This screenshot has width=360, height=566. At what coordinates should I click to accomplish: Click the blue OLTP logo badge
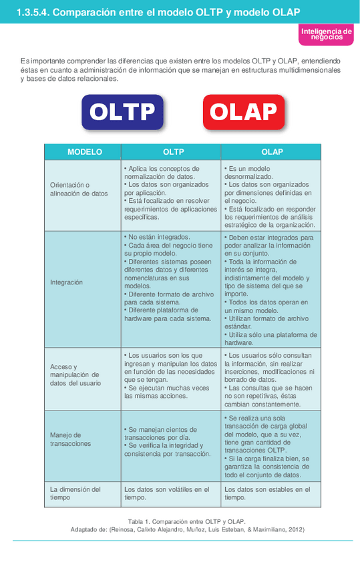pos(122,111)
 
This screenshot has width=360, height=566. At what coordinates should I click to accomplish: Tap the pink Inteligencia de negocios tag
pos(326,35)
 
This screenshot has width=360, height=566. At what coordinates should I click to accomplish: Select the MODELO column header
pos(85,152)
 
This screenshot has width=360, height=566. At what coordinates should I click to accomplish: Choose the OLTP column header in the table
pos(173,152)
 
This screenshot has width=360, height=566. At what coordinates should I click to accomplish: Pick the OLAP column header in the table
pos(272,152)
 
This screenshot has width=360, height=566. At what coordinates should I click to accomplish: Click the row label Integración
pos(67,282)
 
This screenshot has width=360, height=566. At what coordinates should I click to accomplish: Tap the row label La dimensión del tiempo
pos(75,493)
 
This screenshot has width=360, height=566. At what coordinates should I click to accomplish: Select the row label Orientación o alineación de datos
pos(78,189)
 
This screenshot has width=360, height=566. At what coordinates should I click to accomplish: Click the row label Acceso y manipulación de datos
pos(75,375)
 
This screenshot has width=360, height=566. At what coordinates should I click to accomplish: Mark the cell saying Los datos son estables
pos(267,493)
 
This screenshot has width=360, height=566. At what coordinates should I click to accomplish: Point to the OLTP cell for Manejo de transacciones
pos(169,442)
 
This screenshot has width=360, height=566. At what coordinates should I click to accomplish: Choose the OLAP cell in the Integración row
pos(271,289)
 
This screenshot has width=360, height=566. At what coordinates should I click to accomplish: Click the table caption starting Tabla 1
pos(187,521)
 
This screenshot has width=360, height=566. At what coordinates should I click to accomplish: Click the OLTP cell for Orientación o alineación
pos(171,193)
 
